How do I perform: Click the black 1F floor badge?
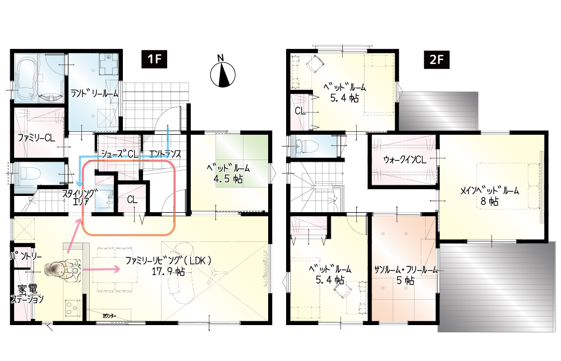[154, 59]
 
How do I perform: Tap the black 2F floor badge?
[436, 60]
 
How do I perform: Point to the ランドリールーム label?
[94, 94]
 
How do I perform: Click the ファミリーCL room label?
[36, 138]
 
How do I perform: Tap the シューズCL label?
[119, 154]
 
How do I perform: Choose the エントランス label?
[165, 154]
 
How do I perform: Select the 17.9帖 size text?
[168, 272]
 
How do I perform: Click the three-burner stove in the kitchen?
[72, 308]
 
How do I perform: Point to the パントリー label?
[25, 257]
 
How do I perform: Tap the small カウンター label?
[110, 316]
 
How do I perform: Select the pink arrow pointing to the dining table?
[101, 269]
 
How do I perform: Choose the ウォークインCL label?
[404, 160]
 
